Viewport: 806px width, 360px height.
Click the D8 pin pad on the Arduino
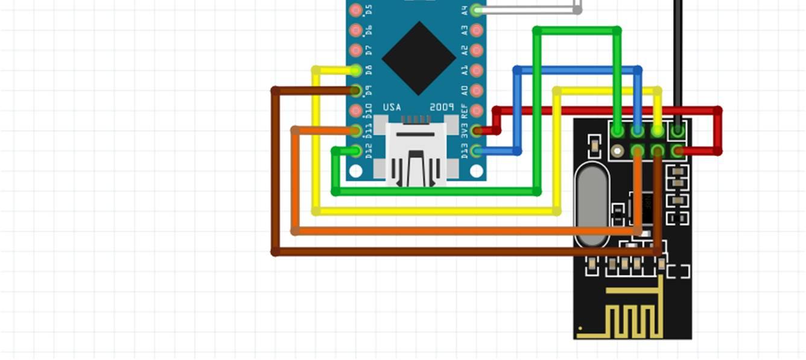click(x=356, y=71)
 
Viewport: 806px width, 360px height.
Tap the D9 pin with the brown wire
click(x=356, y=90)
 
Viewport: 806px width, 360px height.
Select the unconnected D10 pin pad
click(x=356, y=110)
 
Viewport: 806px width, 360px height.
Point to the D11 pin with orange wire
click(x=356, y=130)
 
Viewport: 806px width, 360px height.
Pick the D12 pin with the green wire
click(x=356, y=151)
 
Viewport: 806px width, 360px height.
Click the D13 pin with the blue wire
click(x=477, y=151)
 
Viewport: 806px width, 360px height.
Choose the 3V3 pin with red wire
click(x=477, y=130)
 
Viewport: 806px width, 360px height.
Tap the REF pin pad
click(x=477, y=110)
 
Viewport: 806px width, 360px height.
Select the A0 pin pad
click(x=477, y=90)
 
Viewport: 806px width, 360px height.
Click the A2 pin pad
click(x=477, y=50)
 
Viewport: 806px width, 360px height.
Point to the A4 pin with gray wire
click(x=477, y=10)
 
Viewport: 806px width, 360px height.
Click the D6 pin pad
click(x=356, y=30)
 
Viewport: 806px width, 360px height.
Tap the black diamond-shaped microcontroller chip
click(x=419, y=58)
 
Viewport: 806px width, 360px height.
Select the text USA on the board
click(x=392, y=107)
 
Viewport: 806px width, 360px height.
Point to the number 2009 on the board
click(x=442, y=107)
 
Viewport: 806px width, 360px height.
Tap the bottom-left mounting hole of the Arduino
click(x=356, y=171)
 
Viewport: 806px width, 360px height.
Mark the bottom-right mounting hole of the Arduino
click(x=477, y=171)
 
